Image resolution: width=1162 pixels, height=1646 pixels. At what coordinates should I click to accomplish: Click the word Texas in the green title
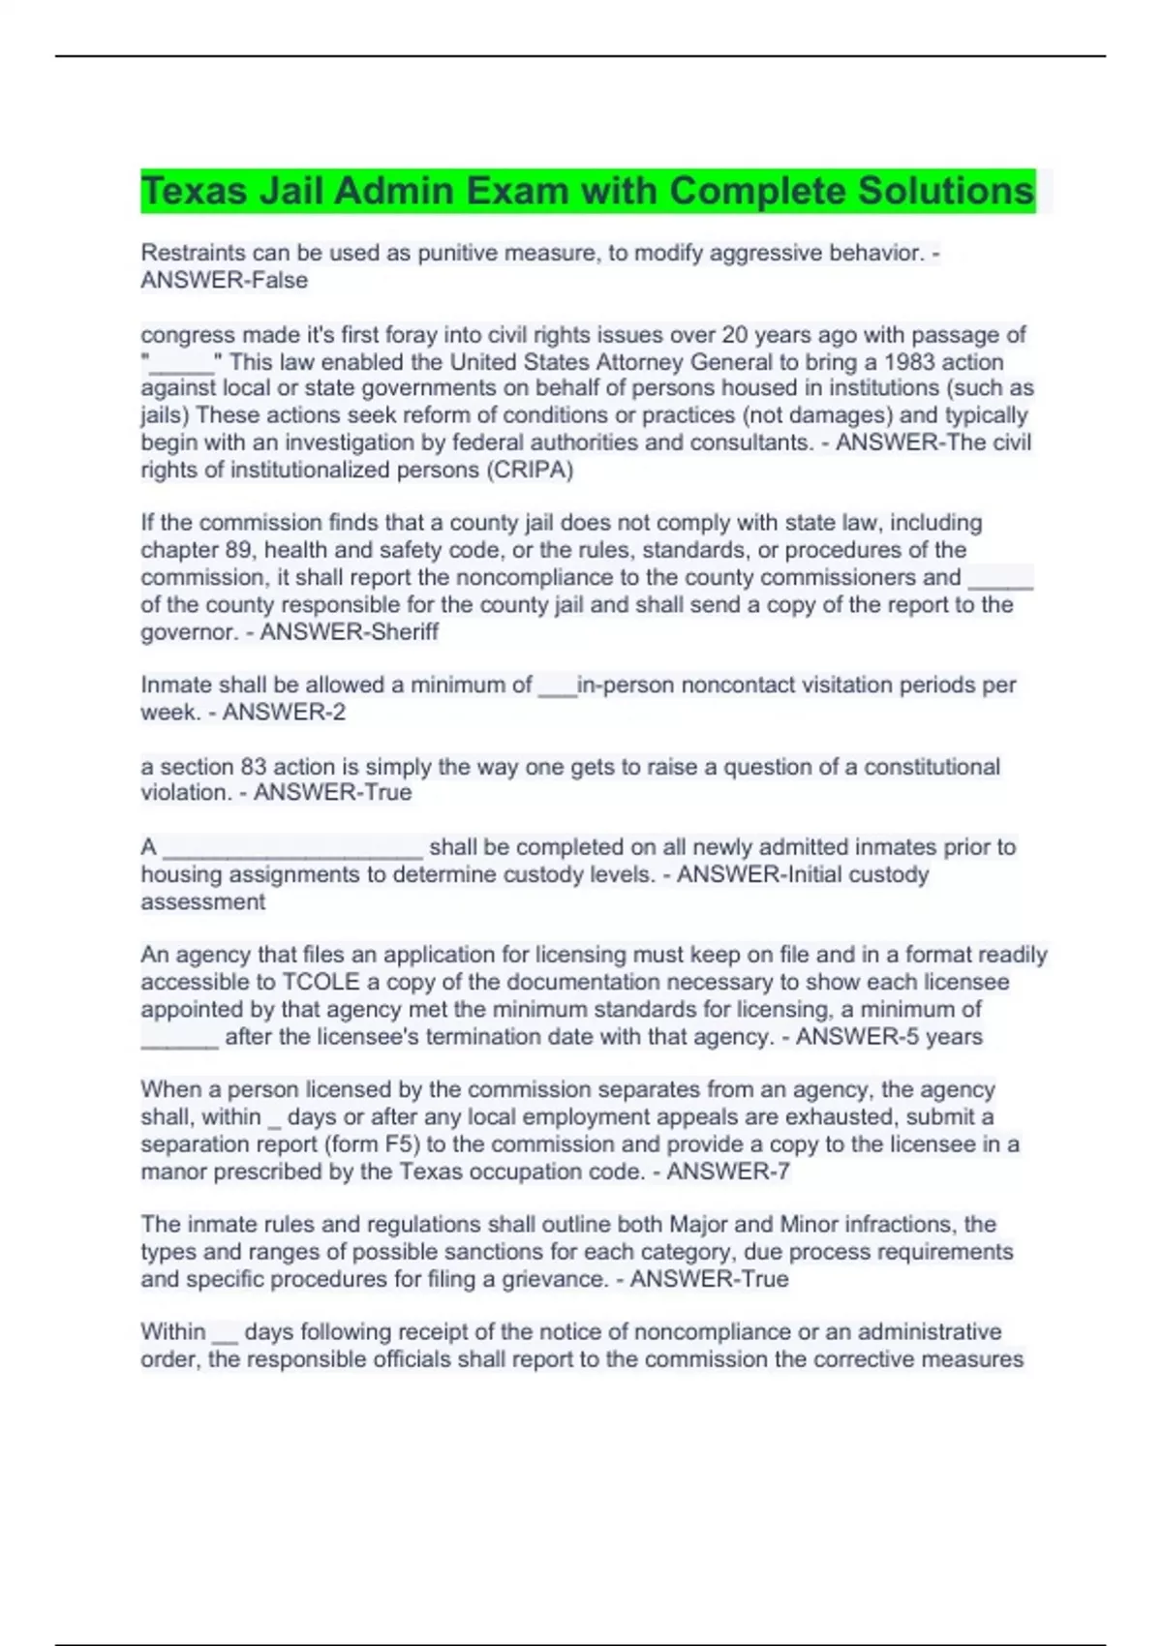coord(194,191)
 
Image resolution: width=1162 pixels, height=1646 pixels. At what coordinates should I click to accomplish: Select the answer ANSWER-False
coord(225,281)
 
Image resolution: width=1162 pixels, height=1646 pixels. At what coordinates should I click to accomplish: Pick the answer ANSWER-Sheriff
coord(350,632)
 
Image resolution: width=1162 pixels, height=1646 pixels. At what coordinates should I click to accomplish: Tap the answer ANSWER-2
coord(284,713)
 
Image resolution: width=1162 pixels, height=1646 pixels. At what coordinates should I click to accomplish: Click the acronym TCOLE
coord(321,982)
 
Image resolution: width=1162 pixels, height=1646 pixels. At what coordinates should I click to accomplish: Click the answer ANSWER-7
coord(728,1172)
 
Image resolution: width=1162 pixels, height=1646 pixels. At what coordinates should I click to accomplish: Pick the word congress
coord(188,335)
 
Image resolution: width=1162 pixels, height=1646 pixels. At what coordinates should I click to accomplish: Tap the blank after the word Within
coord(224,1336)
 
